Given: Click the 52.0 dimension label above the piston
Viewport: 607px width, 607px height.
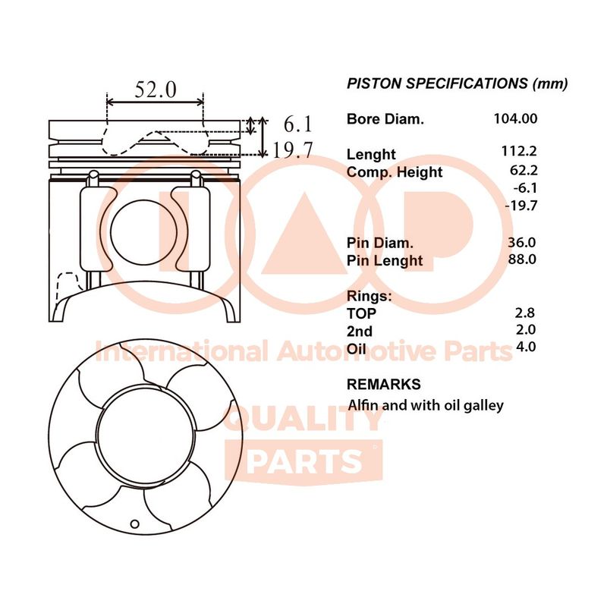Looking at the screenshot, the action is click(156, 90).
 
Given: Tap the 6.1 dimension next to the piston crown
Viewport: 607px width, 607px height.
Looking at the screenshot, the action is click(297, 124).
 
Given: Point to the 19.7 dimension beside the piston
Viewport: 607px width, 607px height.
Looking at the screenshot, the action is click(292, 150).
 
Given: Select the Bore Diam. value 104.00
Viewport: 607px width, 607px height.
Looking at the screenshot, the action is click(516, 118).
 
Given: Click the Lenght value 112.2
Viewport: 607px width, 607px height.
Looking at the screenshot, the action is click(519, 150).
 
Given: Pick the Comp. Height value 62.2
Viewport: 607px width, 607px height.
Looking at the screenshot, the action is click(524, 170).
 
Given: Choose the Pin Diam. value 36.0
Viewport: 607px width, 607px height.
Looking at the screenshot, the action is click(522, 242).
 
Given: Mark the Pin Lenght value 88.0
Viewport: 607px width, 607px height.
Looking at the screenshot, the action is click(522, 259).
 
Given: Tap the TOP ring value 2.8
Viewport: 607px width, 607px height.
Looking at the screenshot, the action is click(525, 313).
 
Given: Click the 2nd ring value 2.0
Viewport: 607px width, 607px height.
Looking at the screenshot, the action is click(526, 329).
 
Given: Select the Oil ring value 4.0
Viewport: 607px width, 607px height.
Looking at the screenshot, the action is click(526, 347).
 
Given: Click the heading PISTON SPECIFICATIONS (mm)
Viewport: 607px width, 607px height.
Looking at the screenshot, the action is click(458, 83).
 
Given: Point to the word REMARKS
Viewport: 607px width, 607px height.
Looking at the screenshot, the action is click(384, 385).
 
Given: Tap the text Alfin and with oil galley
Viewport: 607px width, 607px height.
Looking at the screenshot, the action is click(426, 406).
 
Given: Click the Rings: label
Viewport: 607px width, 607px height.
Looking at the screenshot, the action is click(370, 296).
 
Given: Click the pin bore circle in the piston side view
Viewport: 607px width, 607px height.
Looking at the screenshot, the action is click(143, 232).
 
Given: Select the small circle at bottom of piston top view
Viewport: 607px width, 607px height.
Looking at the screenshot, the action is click(134, 524).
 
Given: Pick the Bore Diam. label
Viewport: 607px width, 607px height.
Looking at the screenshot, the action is click(385, 119).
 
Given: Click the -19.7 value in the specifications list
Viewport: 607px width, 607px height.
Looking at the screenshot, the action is click(521, 205).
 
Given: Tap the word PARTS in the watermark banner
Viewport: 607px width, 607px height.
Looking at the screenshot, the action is click(304, 461).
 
